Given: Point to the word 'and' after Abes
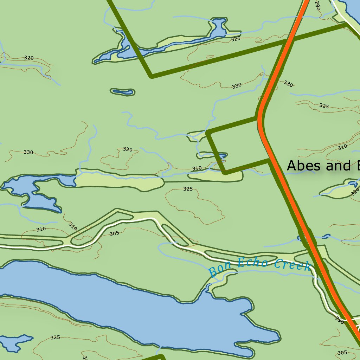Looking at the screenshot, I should point(336,166).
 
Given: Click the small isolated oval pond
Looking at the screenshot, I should point(122,92).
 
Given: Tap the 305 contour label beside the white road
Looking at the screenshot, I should point(114,233).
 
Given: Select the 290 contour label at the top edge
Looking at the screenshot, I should point(317,5).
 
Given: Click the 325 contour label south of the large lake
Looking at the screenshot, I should point(55,337).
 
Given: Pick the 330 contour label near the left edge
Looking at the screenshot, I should point(28,152).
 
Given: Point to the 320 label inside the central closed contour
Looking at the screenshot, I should point(128,149).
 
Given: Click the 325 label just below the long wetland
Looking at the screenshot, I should point(188,189).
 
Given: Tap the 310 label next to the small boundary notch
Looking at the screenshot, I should point(197,168).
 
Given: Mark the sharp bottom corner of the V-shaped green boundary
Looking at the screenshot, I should point(151,76).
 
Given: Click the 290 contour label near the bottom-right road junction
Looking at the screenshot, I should point(339,320).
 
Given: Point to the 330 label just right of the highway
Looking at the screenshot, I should point(288,84).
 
